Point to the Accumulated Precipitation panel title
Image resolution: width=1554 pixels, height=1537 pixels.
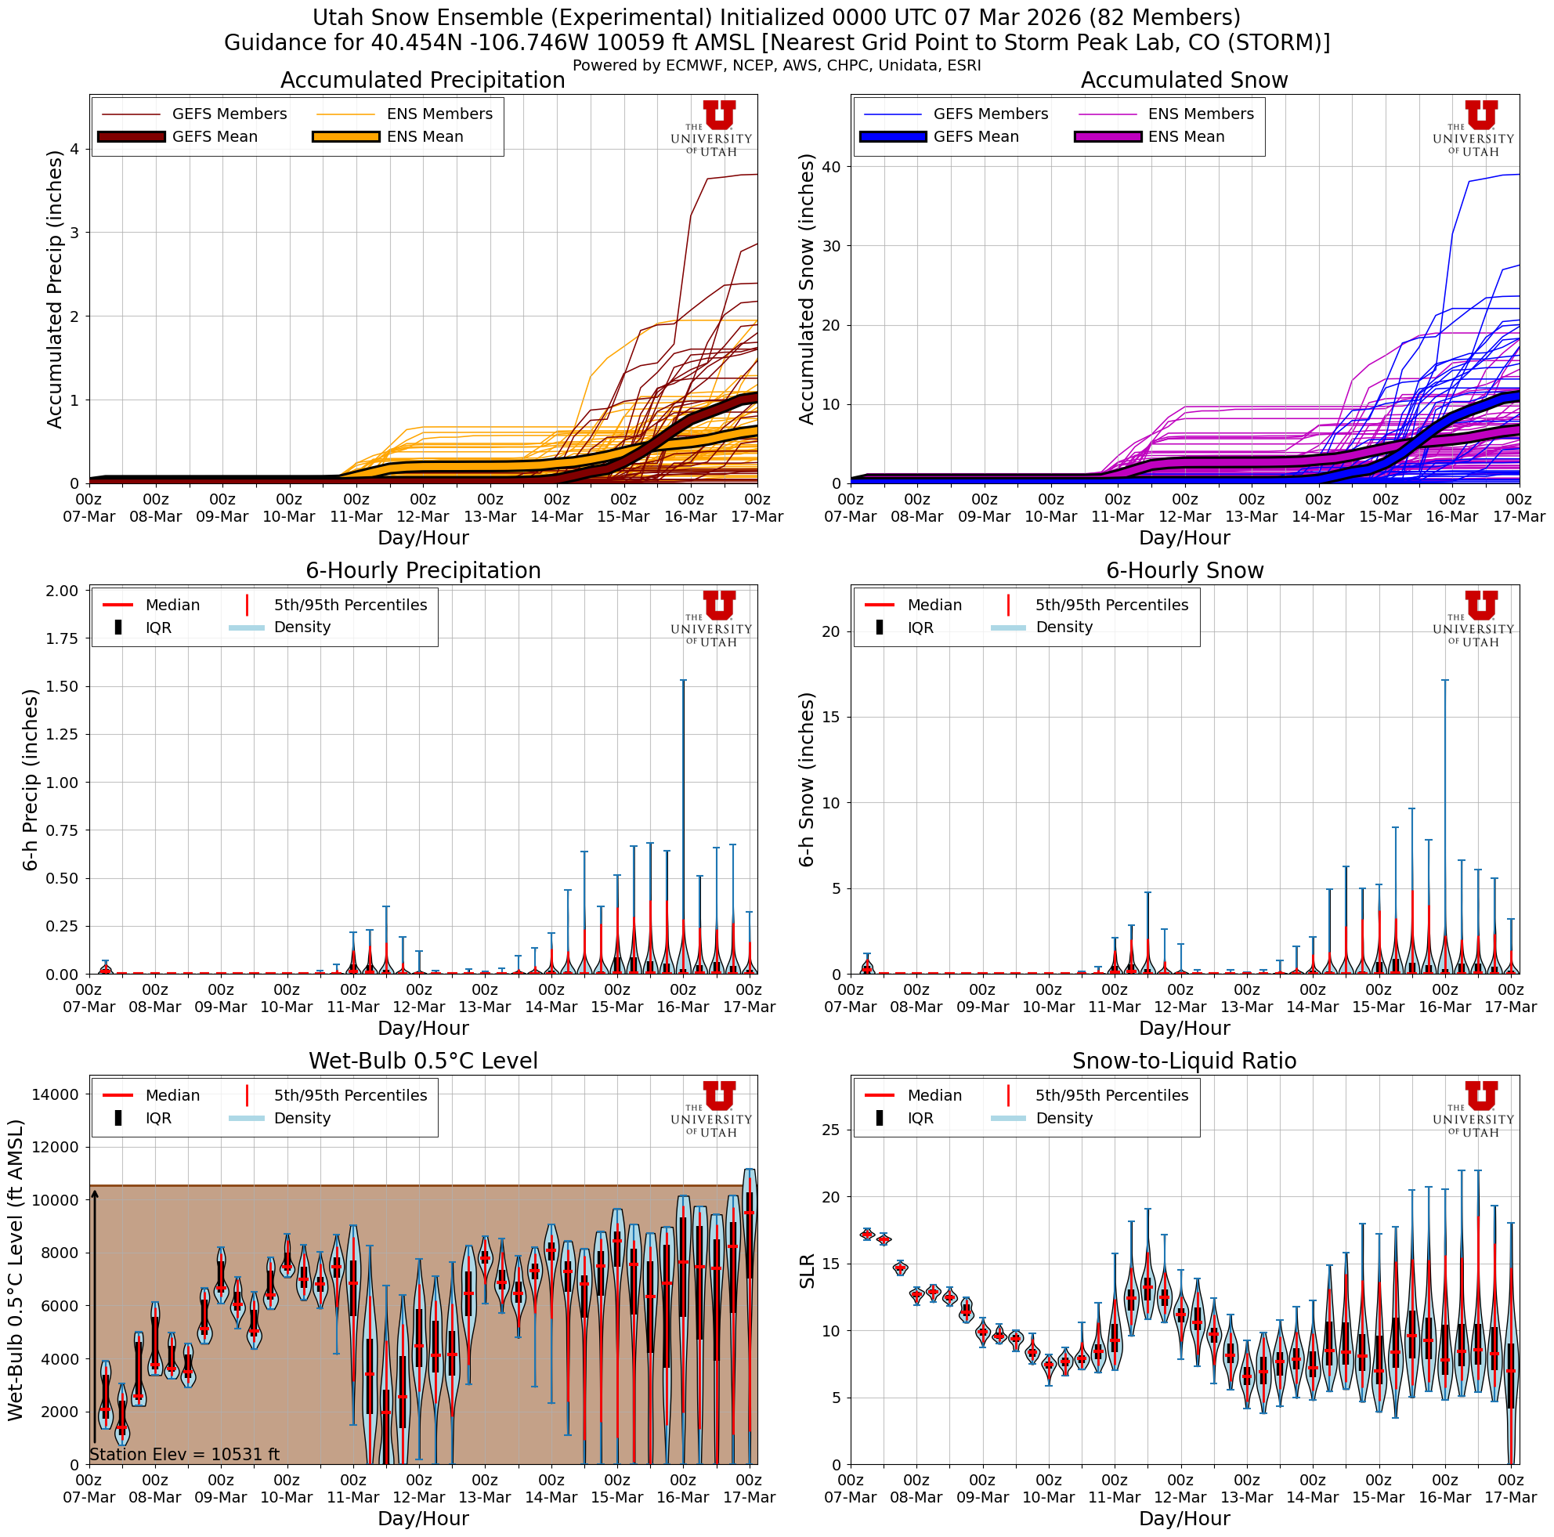click(422, 81)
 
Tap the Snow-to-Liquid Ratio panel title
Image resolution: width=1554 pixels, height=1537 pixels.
click(1184, 1061)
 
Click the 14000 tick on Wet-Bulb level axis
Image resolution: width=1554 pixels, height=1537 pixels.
click(55, 1094)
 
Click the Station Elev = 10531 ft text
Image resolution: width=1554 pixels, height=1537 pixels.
click(184, 1454)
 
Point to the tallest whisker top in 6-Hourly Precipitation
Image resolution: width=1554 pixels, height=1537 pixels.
click(683, 681)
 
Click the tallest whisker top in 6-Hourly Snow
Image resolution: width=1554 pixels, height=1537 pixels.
click(1444, 681)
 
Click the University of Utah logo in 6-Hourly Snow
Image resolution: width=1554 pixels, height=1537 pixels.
click(1473, 617)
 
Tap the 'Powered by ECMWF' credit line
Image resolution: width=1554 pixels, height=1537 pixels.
click(776, 66)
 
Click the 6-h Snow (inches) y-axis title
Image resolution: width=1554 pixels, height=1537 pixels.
click(807, 779)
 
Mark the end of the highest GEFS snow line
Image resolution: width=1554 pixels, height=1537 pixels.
click(1519, 175)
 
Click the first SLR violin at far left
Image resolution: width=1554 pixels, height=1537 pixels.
click(866, 1234)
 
